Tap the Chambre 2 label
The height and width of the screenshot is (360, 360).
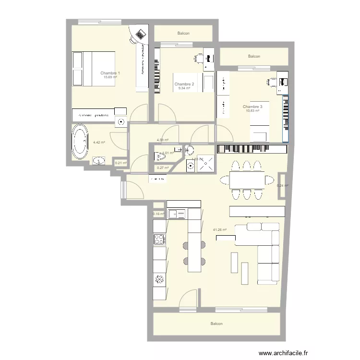pos(184,84)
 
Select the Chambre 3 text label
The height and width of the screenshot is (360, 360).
pos(252,107)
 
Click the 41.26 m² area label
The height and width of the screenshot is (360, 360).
pos(220,229)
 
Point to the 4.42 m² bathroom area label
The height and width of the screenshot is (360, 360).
pos(99,142)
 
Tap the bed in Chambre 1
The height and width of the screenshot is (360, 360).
pos(94,68)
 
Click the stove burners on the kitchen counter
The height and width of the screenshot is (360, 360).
pos(159,239)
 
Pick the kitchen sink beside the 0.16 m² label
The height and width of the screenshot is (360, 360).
pos(176,214)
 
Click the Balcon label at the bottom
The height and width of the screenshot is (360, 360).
pos(216,324)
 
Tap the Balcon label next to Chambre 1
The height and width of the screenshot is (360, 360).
pos(183,34)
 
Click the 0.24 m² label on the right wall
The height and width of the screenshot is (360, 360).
pos(283,186)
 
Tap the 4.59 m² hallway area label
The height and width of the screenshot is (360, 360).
pos(163,140)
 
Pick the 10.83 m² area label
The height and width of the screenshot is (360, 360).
pos(252,111)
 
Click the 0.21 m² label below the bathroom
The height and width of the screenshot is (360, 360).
pos(121,163)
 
